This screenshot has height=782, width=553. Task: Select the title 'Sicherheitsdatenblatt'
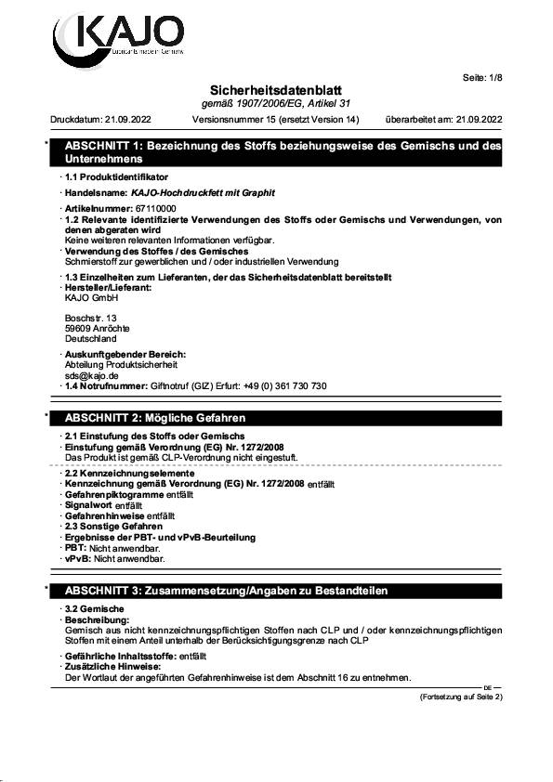click(276, 89)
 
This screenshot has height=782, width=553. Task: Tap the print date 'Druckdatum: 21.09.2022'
click(100, 119)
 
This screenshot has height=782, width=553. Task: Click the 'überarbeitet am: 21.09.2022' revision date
click(442, 119)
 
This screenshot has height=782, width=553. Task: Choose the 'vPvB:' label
click(77, 559)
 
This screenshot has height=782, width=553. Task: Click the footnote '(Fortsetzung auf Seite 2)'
click(461, 696)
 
